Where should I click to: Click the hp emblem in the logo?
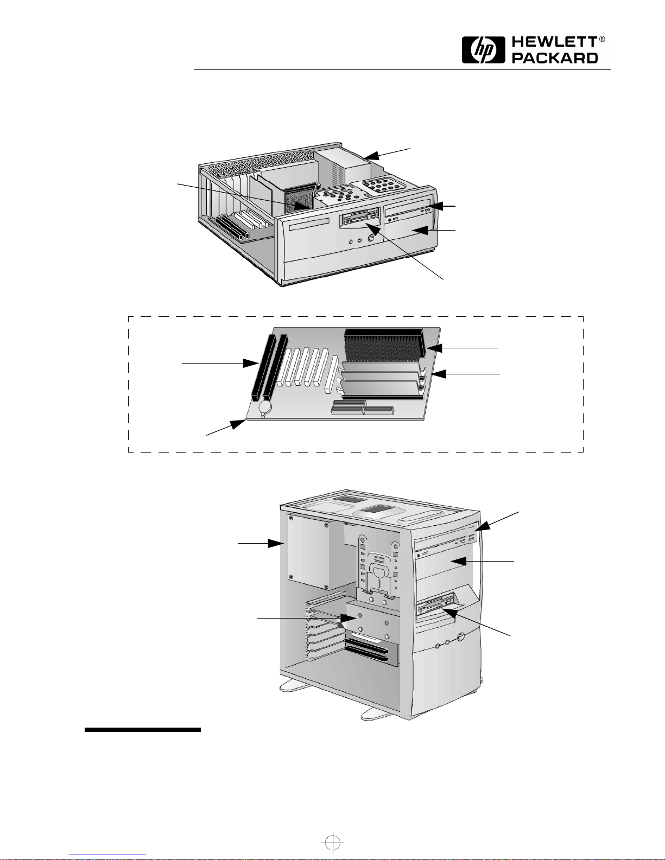483,50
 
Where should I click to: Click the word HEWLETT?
554,43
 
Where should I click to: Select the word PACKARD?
555,58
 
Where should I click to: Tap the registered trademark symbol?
601,39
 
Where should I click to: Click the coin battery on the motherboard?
265,407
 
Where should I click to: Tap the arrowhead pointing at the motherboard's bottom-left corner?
238,424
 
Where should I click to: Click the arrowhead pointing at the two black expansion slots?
251,364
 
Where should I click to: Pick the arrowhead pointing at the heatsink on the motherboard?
433,348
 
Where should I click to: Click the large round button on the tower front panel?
461,637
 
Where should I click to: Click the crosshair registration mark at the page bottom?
333,842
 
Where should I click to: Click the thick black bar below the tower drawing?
142,730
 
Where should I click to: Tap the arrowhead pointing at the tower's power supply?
276,543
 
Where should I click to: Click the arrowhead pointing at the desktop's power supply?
372,156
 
